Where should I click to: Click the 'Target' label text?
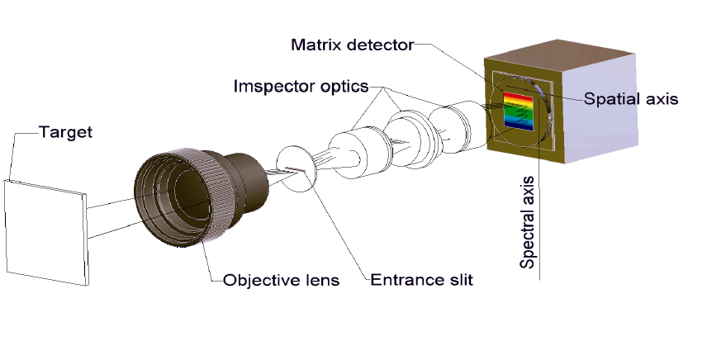[65, 131]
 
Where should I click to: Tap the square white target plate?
[45, 231]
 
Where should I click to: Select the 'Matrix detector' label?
[352, 45]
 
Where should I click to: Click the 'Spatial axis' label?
[631, 98]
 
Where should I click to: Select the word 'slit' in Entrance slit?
[458, 280]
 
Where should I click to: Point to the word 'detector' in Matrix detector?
[382, 45]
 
